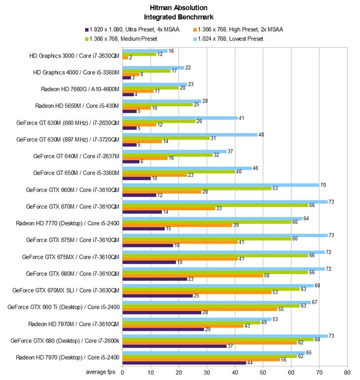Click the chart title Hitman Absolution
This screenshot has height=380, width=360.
click(x=180, y=7)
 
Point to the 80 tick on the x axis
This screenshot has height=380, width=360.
click(x=347, y=371)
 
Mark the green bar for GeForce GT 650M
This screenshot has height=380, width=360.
click(x=178, y=171)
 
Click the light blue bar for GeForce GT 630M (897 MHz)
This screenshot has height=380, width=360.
click(x=190, y=134)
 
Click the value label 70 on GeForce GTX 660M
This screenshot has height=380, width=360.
click(x=322, y=185)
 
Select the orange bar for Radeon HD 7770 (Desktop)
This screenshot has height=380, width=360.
click(x=177, y=225)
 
